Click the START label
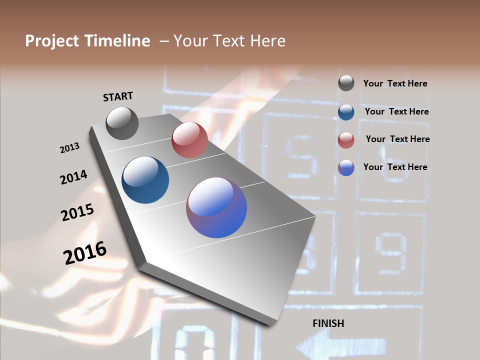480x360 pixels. click(x=118, y=96)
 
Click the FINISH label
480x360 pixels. click(x=328, y=323)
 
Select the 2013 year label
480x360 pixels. click(x=69, y=148)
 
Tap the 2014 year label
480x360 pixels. click(x=73, y=177)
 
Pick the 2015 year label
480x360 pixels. click(x=77, y=212)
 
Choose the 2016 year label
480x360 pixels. click(x=85, y=252)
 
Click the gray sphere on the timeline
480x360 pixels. click(x=122, y=123)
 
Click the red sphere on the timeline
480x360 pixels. click(x=189, y=140)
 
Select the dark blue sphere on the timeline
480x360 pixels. click(x=145, y=180)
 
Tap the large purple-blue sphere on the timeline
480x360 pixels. click(x=216, y=208)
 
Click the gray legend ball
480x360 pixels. click(x=346, y=83)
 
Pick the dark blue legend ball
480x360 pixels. click(x=346, y=112)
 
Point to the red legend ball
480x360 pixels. click(x=346, y=140)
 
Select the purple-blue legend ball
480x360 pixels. click(x=346, y=167)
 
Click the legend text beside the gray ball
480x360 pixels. click(x=395, y=84)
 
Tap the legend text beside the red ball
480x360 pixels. click(x=397, y=139)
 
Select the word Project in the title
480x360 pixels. click(x=51, y=41)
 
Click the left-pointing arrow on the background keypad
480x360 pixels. click(x=340, y=345)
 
